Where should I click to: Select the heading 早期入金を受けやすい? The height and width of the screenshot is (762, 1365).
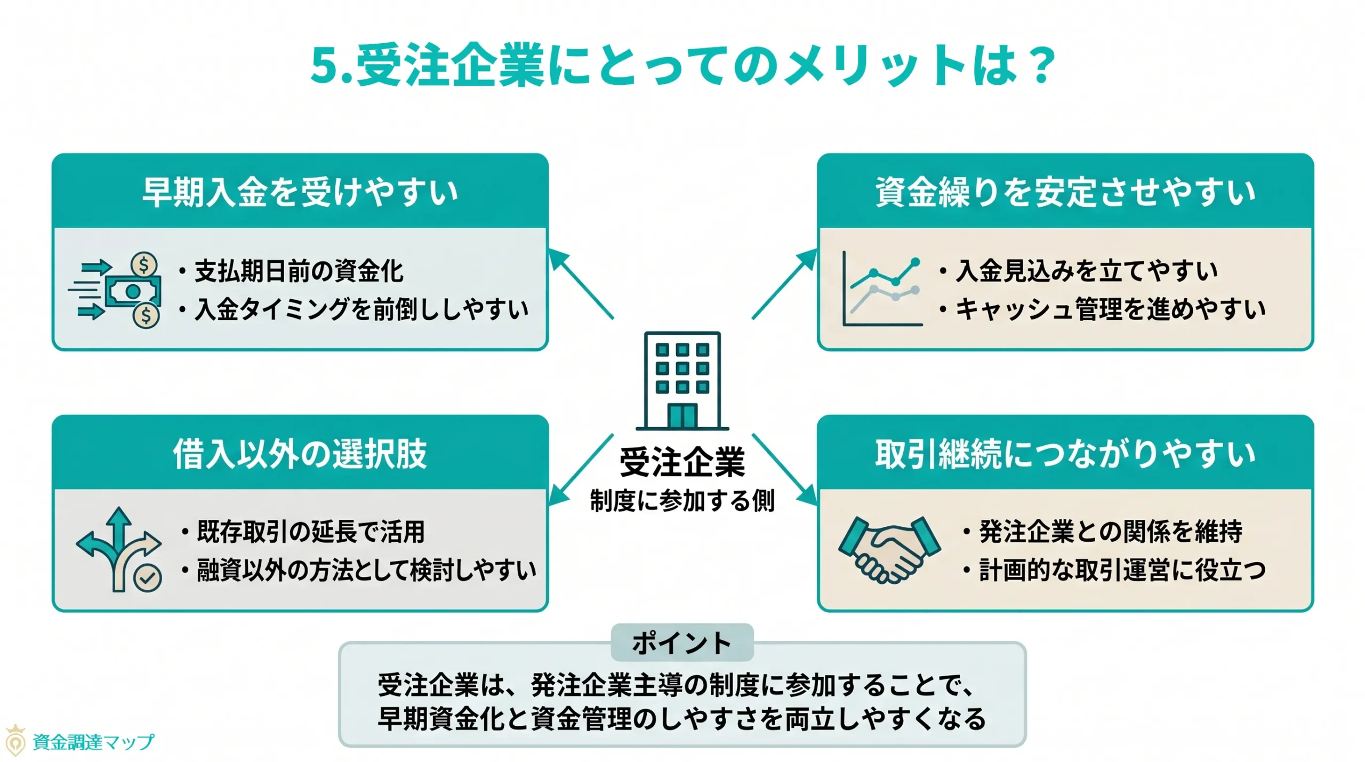tap(300, 192)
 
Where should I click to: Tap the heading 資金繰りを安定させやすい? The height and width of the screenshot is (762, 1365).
tap(1065, 192)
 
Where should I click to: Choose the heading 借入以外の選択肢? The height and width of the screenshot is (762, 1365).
tap(300, 454)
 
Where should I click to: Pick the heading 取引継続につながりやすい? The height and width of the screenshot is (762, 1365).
tap(1065, 454)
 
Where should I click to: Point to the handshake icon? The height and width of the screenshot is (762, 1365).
tap(889, 549)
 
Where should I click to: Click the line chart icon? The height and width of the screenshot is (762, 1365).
tap(882, 289)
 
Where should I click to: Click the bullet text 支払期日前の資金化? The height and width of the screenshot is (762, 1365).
tap(299, 271)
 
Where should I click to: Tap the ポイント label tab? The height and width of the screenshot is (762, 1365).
tap(682, 643)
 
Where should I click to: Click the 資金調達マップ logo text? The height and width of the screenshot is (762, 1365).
tap(93, 742)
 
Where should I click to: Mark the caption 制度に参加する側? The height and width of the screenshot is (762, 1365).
tap(682, 501)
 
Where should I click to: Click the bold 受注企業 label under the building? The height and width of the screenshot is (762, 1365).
tap(682, 462)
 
